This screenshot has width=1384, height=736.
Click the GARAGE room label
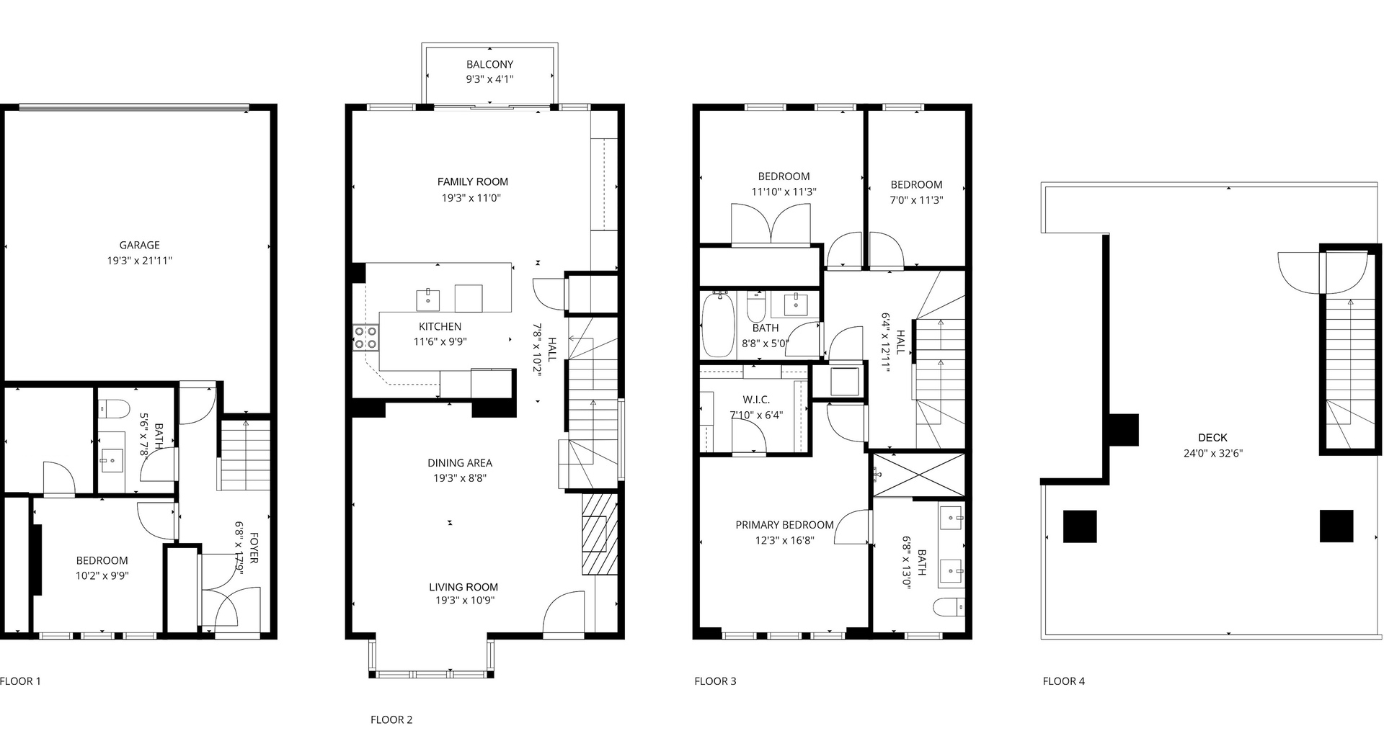pos(139,245)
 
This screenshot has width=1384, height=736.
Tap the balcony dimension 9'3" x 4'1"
pos(489,79)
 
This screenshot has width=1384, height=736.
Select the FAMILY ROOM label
pos(472,182)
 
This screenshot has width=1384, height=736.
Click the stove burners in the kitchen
pos(365,338)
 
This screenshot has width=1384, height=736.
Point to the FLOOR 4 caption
pos(1063,681)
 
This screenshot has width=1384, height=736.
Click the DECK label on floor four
pos(1212,437)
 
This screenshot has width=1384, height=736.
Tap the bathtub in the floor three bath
pos(718,325)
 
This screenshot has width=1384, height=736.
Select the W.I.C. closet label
pos(756,400)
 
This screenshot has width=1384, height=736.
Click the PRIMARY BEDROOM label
pos(784,525)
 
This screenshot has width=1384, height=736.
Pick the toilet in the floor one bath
pos(113,409)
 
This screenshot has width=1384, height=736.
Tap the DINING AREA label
pos(460,463)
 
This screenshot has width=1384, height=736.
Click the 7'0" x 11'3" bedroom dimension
pos(916,200)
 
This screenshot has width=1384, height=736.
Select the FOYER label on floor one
pos(254,549)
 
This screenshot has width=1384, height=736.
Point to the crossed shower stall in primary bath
pos(918,475)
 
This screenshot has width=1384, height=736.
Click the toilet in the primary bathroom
pos(949,607)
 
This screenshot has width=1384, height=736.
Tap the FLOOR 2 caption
pos(391,719)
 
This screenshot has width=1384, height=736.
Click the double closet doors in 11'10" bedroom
pos(771,225)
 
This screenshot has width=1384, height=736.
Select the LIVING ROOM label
pos(463,587)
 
